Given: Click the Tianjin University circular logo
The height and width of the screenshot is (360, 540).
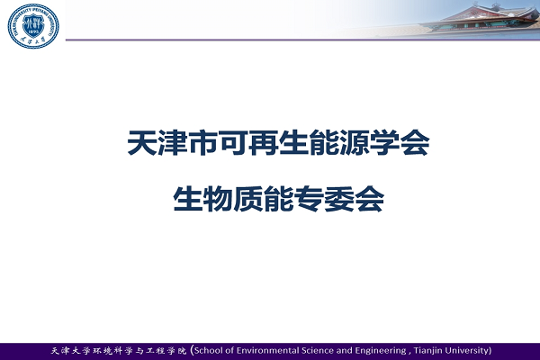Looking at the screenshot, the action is click(33, 26).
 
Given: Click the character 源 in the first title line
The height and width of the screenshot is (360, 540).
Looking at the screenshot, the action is click(355, 142).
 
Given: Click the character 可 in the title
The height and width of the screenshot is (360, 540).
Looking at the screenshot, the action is click(233, 142).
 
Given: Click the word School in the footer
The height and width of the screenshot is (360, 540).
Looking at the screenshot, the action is click(209, 351).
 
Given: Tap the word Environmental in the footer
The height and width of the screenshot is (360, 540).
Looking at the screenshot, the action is click(268, 351).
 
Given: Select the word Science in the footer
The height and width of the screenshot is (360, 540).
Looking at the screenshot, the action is click(318, 351).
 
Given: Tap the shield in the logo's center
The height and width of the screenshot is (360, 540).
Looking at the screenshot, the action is click(33, 26).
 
